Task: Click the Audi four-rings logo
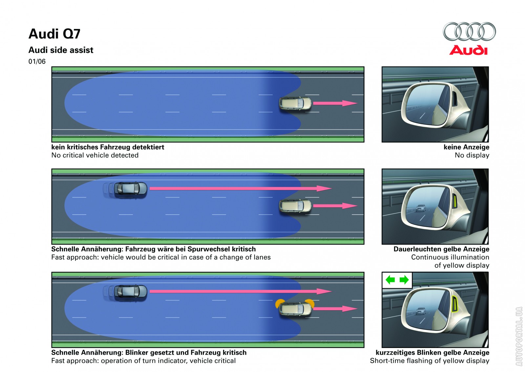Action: point(469,32)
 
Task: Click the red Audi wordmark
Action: point(468,50)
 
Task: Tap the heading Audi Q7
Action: point(54,34)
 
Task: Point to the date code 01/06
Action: point(37,61)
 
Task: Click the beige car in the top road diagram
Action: point(295,103)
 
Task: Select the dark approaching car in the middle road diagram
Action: point(130,189)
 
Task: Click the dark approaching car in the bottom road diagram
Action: point(130,291)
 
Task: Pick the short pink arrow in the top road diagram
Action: point(335,103)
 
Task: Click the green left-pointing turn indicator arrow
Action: point(390,280)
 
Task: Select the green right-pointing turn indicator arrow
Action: point(404,280)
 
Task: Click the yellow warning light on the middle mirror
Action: point(455,201)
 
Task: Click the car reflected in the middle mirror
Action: point(420,208)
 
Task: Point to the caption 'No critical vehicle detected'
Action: point(95,155)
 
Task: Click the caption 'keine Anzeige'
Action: point(466,147)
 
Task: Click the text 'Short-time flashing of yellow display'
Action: point(430,361)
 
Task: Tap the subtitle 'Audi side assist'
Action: point(61,50)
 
